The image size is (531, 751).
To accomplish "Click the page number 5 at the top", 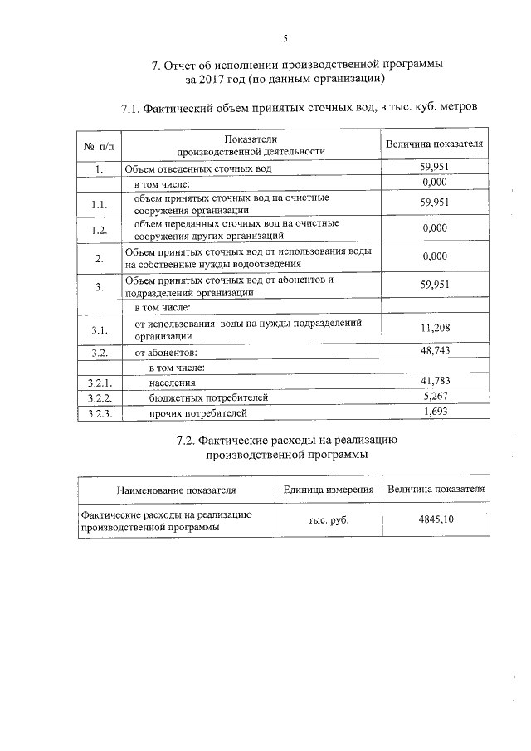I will click(285, 38).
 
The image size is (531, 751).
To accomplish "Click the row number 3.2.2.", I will click(99, 397).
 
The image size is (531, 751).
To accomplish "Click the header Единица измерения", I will click(328, 489).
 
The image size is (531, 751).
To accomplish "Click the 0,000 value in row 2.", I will click(434, 256).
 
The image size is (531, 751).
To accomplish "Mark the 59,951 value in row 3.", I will click(434, 285).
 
